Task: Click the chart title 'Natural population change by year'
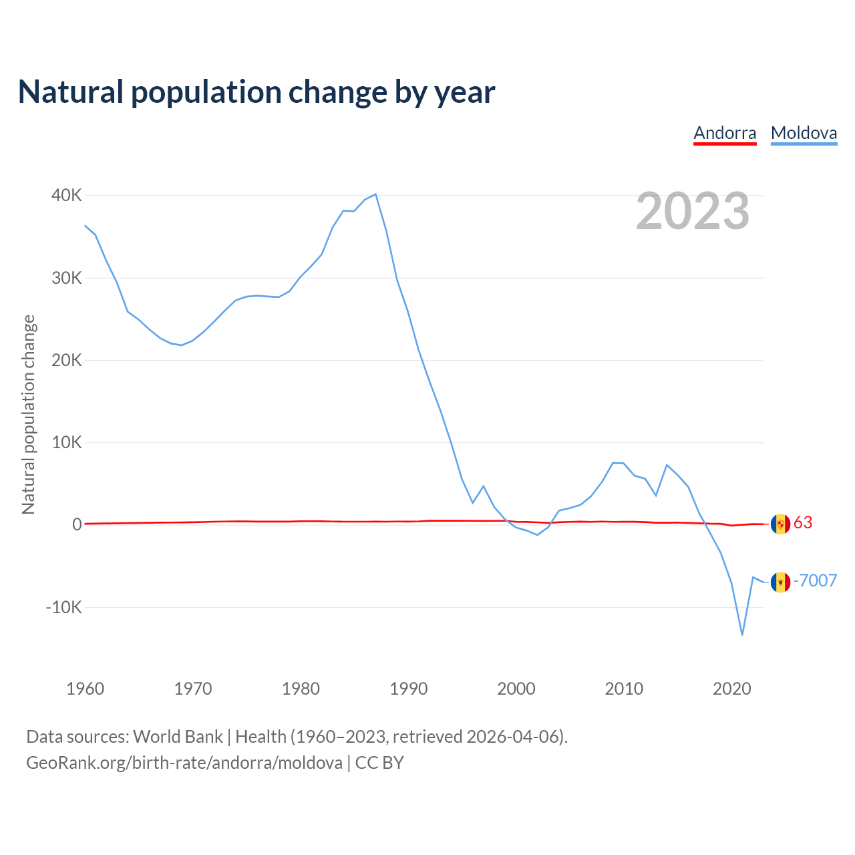[256, 92]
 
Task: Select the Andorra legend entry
[725, 133]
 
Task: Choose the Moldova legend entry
[804, 133]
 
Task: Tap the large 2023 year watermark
[693, 211]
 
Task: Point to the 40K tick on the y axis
[67, 196]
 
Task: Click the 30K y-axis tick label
[67, 278]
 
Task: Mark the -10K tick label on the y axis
[64, 607]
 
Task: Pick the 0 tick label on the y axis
[77, 525]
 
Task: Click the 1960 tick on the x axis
[85, 689]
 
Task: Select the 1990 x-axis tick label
[409, 689]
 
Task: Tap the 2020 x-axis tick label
[732, 689]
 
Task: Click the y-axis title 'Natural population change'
[29, 415]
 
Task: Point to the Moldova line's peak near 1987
[376, 194]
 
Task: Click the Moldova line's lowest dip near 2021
[742, 635]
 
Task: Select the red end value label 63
[803, 522]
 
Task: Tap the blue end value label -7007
[815, 580]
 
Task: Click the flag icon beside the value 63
[780, 524]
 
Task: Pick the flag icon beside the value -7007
[780, 582]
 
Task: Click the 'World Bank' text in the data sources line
[178, 737]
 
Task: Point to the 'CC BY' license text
[379, 763]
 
